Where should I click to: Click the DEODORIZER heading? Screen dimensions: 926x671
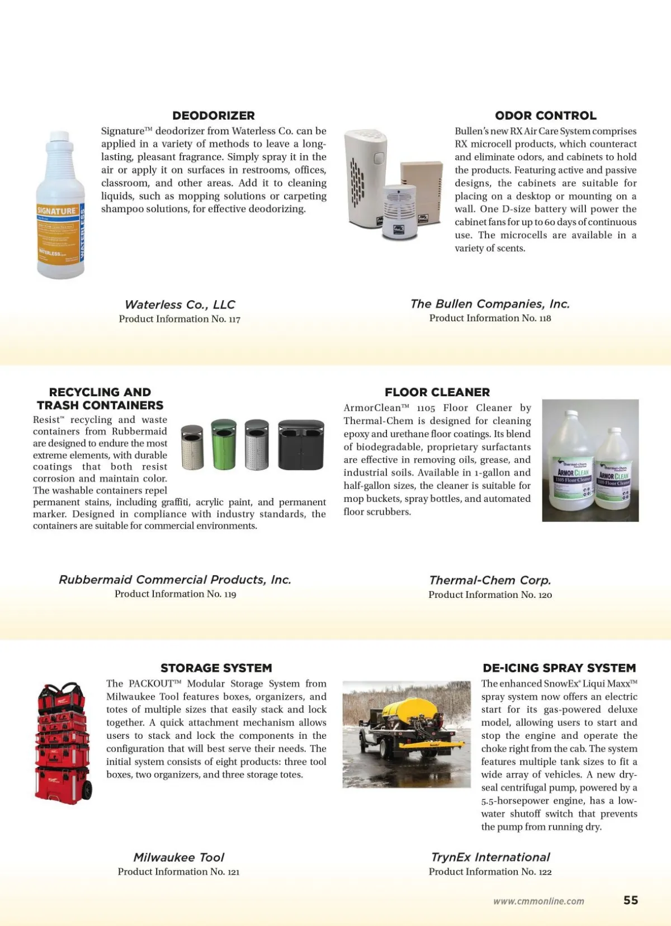(214, 116)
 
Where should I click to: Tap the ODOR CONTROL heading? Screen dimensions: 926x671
(545, 116)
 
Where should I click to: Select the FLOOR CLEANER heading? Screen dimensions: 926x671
(437, 392)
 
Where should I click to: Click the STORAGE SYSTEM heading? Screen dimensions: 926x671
(216, 668)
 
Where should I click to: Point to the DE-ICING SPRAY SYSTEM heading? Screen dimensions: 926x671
(559, 668)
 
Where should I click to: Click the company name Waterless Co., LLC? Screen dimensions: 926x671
(179, 305)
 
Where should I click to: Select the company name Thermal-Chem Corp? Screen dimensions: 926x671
(490, 580)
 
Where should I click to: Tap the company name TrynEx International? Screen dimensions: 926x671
(490, 857)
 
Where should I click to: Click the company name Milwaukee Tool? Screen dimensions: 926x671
(178, 857)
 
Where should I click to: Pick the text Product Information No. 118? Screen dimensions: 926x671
(490, 318)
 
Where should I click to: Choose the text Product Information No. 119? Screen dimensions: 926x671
(175, 594)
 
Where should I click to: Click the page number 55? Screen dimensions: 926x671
(631, 900)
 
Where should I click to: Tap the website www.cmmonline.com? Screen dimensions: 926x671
(538, 901)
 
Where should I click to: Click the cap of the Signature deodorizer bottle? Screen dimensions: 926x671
(59, 138)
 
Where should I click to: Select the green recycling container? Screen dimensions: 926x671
(224, 444)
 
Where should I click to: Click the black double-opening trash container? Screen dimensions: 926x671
(301, 445)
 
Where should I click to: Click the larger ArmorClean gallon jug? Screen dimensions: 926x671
(570, 464)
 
